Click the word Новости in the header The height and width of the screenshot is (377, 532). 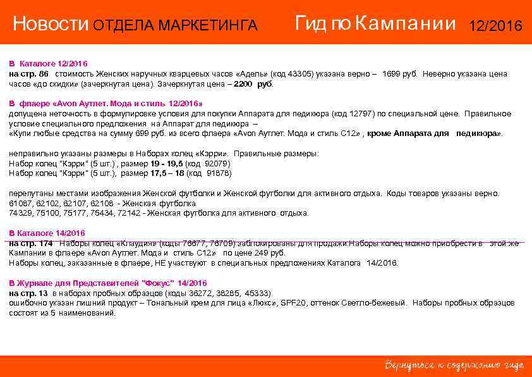pyautogui.click(x=51, y=25)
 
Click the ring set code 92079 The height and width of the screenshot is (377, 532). pyautogui.click(x=218, y=163)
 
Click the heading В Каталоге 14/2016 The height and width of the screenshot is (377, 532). pyautogui.click(x=47, y=233)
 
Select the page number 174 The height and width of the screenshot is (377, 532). pyautogui.click(x=45, y=244)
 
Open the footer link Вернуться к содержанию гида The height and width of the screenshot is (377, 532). pyautogui.click(x=454, y=366)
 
